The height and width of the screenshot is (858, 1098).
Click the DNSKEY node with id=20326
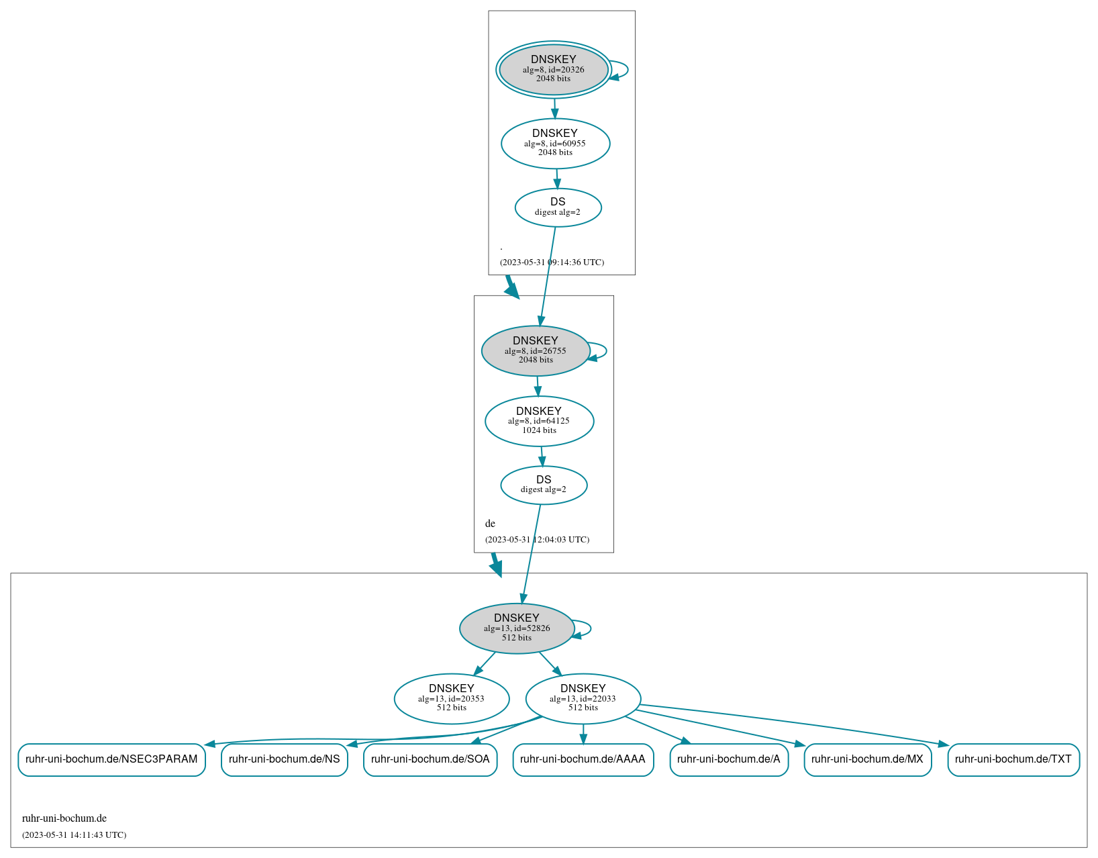(x=554, y=69)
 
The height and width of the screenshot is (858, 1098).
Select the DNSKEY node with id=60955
(x=555, y=143)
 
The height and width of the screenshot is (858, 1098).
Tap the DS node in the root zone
(x=558, y=207)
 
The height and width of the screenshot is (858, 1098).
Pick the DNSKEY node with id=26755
(x=536, y=350)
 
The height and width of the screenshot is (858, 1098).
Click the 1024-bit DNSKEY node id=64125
(x=539, y=421)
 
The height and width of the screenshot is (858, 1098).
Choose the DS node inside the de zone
(x=544, y=485)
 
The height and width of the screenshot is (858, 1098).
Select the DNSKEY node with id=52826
(x=517, y=628)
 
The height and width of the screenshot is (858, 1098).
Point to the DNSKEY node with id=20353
(x=452, y=698)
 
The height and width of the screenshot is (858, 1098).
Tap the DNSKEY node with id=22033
(x=583, y=698)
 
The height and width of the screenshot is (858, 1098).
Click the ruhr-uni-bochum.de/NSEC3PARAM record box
(x=111, y=759)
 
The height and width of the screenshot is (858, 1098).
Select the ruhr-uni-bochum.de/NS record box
(x=285, y=759)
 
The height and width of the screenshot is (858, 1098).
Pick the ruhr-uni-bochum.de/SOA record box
(x=430, y=759)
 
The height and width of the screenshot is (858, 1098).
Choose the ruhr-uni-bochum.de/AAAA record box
(x=583, y=759)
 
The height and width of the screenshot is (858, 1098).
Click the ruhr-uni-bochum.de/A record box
(x=729, y=759)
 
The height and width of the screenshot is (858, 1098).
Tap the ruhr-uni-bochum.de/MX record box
(x=867, y=759)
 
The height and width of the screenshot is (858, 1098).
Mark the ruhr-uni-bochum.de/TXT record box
(x=1013, y=759)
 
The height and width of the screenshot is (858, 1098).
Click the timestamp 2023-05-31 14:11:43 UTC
(x=74, y=835)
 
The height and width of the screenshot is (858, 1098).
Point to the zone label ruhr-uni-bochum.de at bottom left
(x=64, y=818)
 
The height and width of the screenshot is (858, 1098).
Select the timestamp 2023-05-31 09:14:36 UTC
(x=552, y=263)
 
